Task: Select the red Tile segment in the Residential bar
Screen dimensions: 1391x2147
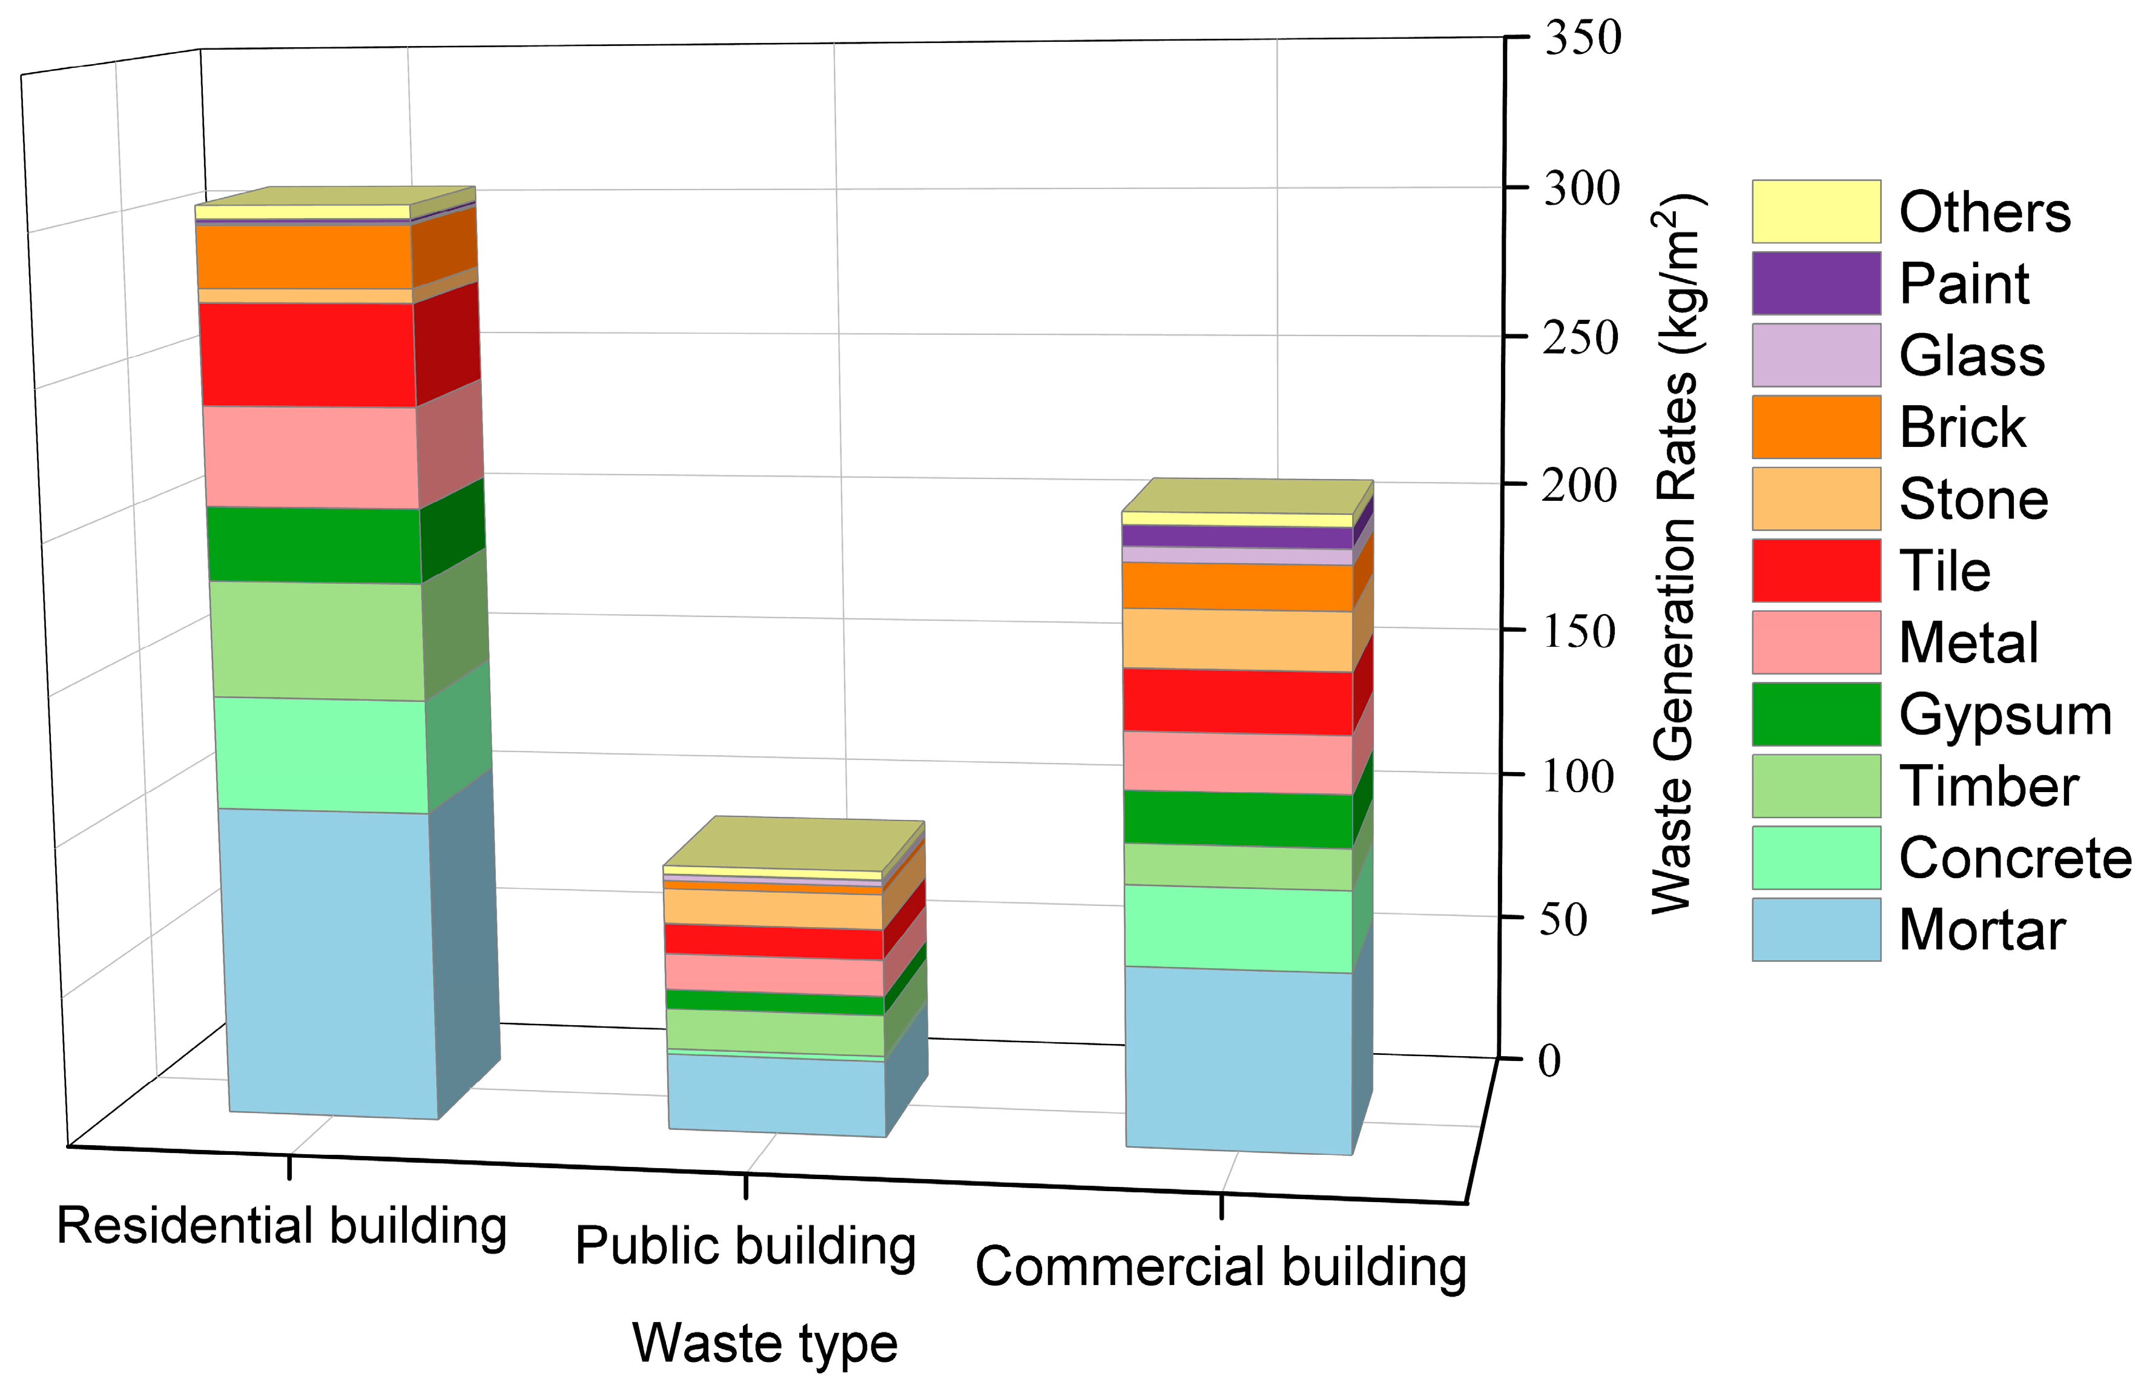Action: click(307, 354)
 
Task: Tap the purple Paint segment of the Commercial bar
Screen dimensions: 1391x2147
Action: click(1237, 536)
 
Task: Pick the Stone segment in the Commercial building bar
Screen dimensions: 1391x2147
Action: click(1237, 639)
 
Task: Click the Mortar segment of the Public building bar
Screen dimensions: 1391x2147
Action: click(776, 1094)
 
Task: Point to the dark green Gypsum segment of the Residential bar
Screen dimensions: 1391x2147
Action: click(313, 545)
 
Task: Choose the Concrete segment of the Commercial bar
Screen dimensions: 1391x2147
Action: click(1237, 929)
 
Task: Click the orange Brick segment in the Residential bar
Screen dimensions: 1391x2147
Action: click(304, 256)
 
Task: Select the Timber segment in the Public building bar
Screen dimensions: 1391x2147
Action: click(774, 1032)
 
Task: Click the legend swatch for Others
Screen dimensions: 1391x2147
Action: click(1816, 212)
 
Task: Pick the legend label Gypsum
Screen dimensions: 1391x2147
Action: click(2005, 715)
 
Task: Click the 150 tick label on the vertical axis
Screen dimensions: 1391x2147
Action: click(1578, 632)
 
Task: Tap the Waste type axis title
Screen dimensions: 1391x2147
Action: click(765, 1343)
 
